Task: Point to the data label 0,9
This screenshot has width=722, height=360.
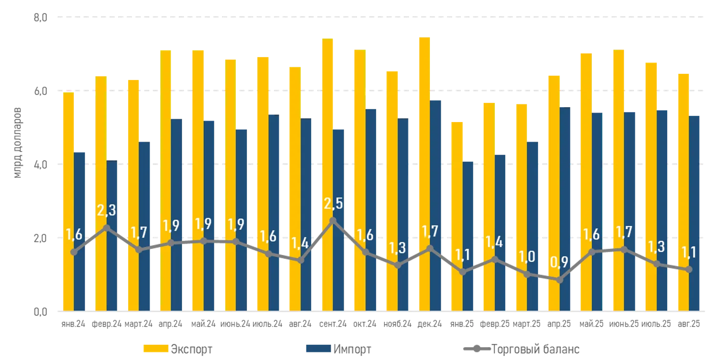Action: [560, 263]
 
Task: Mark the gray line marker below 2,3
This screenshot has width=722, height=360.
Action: [106, 227]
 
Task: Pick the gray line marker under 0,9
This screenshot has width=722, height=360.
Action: [560, 280]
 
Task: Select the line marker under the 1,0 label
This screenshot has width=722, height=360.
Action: [527, 274]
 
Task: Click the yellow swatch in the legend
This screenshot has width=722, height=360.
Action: [156, 349]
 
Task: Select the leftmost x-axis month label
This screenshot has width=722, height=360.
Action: [74, 324]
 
